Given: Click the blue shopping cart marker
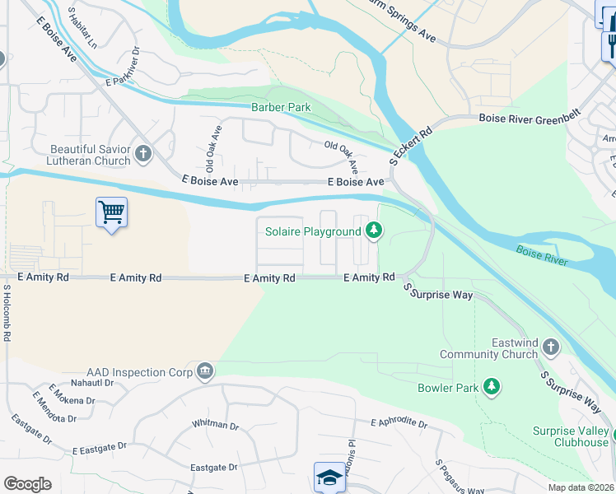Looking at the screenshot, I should coord(111,213).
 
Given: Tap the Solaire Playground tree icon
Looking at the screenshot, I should coord(375,231).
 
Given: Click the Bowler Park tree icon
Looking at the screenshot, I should coord(492,387).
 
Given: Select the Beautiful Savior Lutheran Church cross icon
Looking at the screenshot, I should coord(143,153).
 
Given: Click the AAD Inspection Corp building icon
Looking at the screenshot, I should coord(205,372).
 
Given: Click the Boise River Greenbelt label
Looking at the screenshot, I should coord(530,118).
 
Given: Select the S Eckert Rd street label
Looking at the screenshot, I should coord(412,145).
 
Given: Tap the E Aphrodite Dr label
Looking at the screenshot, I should coord(399,424).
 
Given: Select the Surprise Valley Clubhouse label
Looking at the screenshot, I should coord(570,436).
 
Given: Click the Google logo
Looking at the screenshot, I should coord(27,483).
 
